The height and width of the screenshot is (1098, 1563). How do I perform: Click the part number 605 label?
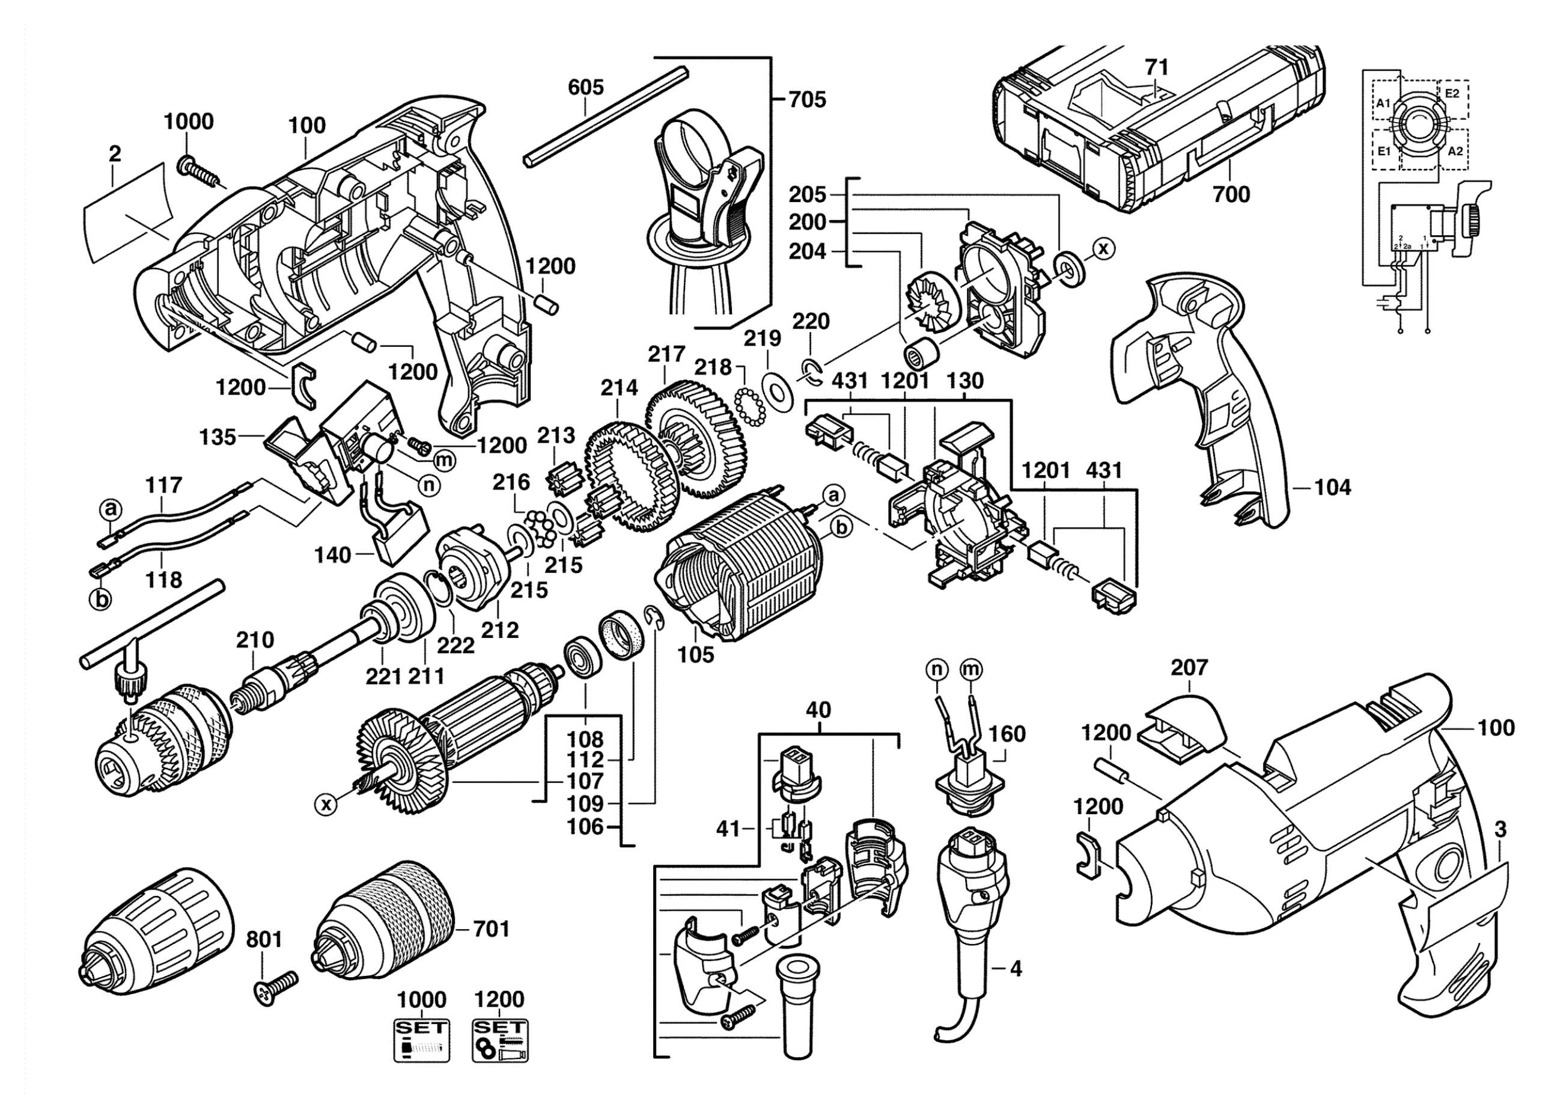coord(585,87)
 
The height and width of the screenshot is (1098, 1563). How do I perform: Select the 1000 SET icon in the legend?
coord(422,1040)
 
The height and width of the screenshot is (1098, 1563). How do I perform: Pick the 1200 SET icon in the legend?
coord(500,1040)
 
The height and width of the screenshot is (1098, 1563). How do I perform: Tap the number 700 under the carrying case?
coord(1231,195)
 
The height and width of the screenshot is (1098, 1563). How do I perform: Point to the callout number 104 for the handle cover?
coord(1332,487)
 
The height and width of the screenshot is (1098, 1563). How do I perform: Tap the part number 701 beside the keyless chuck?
coord(491,929)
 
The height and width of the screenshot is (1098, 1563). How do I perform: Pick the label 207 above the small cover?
coord(1189,667)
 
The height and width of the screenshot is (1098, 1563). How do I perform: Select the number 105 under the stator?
coord(696,655)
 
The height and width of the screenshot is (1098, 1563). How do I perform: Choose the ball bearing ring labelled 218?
coord(750,408)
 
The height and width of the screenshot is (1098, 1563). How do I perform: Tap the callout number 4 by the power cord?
coord(1016,969)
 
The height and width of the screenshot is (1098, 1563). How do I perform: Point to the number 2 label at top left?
coord(114,154)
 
